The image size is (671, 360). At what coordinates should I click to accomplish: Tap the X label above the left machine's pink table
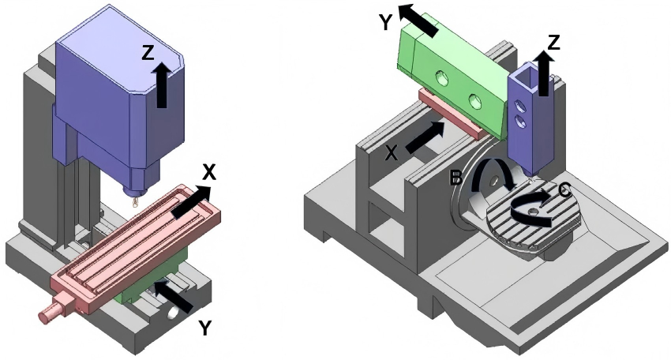click(x=210, y=172)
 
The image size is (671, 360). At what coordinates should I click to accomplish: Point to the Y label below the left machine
click(x=204, y=328)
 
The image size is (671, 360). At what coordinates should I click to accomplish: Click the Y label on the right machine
click(x=385, y=22)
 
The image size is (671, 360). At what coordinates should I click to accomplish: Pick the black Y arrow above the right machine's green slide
click(x=417, y=19)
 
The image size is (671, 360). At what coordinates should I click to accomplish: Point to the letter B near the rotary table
click(x=455, y=178)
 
